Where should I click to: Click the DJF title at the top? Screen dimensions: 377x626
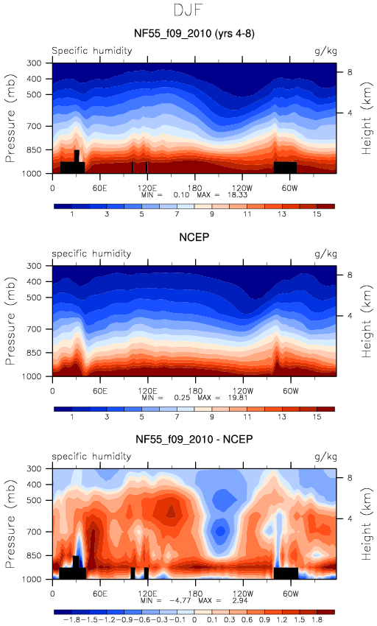click(x=188, y=10)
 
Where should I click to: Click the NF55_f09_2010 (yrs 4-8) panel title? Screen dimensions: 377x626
click(x=194, y=33)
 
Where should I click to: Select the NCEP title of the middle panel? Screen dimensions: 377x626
click(x=194, y=237)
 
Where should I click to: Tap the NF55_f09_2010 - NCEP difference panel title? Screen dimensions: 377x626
click(x=194, y=440)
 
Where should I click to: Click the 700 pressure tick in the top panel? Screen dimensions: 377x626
click(x=34, y=126)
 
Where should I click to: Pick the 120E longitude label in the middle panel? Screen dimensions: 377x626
click(x=147, y=391)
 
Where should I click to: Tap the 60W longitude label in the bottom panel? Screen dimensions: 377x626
click(x=290, y=594)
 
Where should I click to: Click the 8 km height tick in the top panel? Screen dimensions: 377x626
click(x=350, y=72)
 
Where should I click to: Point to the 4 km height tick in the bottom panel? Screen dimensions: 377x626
click(x=350, y=518)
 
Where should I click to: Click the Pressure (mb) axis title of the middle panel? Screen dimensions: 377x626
click(x=10, y=321)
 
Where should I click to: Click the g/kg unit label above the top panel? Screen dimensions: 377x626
click(x=325, y=51)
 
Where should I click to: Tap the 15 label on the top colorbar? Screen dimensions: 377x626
click(x=317, y=214)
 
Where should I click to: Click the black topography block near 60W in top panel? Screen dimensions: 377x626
click(x=285, y=167)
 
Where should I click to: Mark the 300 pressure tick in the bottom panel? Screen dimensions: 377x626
click(x=34, y=468)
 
